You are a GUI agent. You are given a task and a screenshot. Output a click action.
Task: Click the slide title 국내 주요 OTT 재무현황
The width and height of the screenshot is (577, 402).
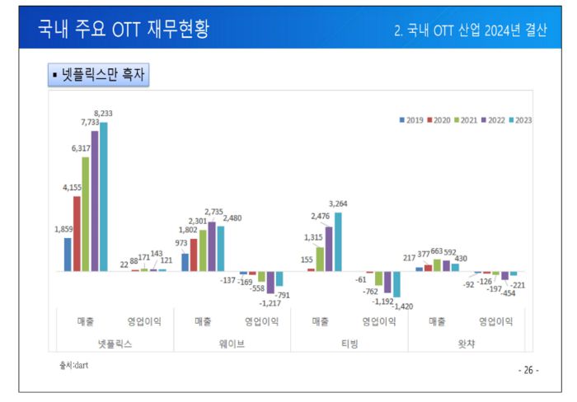(x=124, y=30)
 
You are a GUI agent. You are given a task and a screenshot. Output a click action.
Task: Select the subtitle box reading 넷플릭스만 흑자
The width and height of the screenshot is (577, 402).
(x=98, y=76)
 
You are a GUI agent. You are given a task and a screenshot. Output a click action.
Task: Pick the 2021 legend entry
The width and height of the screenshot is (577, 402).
(x=465, y=119)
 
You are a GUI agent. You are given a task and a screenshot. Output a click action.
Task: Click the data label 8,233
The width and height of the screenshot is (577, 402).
(x=104, y=114)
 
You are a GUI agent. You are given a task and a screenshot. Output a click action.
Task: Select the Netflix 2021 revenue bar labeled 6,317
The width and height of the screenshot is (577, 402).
(x=86, y=214)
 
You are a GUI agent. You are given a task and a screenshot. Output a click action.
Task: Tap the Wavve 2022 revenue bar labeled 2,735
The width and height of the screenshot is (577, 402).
(x=212, y=246)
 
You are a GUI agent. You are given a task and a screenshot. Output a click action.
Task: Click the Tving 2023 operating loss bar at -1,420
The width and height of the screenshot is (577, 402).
(x=396, y=284)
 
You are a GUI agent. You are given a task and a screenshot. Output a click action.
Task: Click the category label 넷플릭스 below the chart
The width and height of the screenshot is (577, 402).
(x=115, y=343)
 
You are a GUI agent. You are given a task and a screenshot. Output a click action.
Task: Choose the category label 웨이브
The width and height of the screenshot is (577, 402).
(x=232, y=343)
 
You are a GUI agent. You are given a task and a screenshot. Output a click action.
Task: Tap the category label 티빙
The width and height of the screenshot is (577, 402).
(x=349, y=343)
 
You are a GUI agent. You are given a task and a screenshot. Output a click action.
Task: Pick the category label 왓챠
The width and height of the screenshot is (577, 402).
(x=466, y=343)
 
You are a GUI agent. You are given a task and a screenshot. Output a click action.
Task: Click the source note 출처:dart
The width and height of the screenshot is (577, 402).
(x=73, y=365)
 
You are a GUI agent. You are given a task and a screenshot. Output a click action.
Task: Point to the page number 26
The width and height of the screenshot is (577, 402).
(x=528, y=370)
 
